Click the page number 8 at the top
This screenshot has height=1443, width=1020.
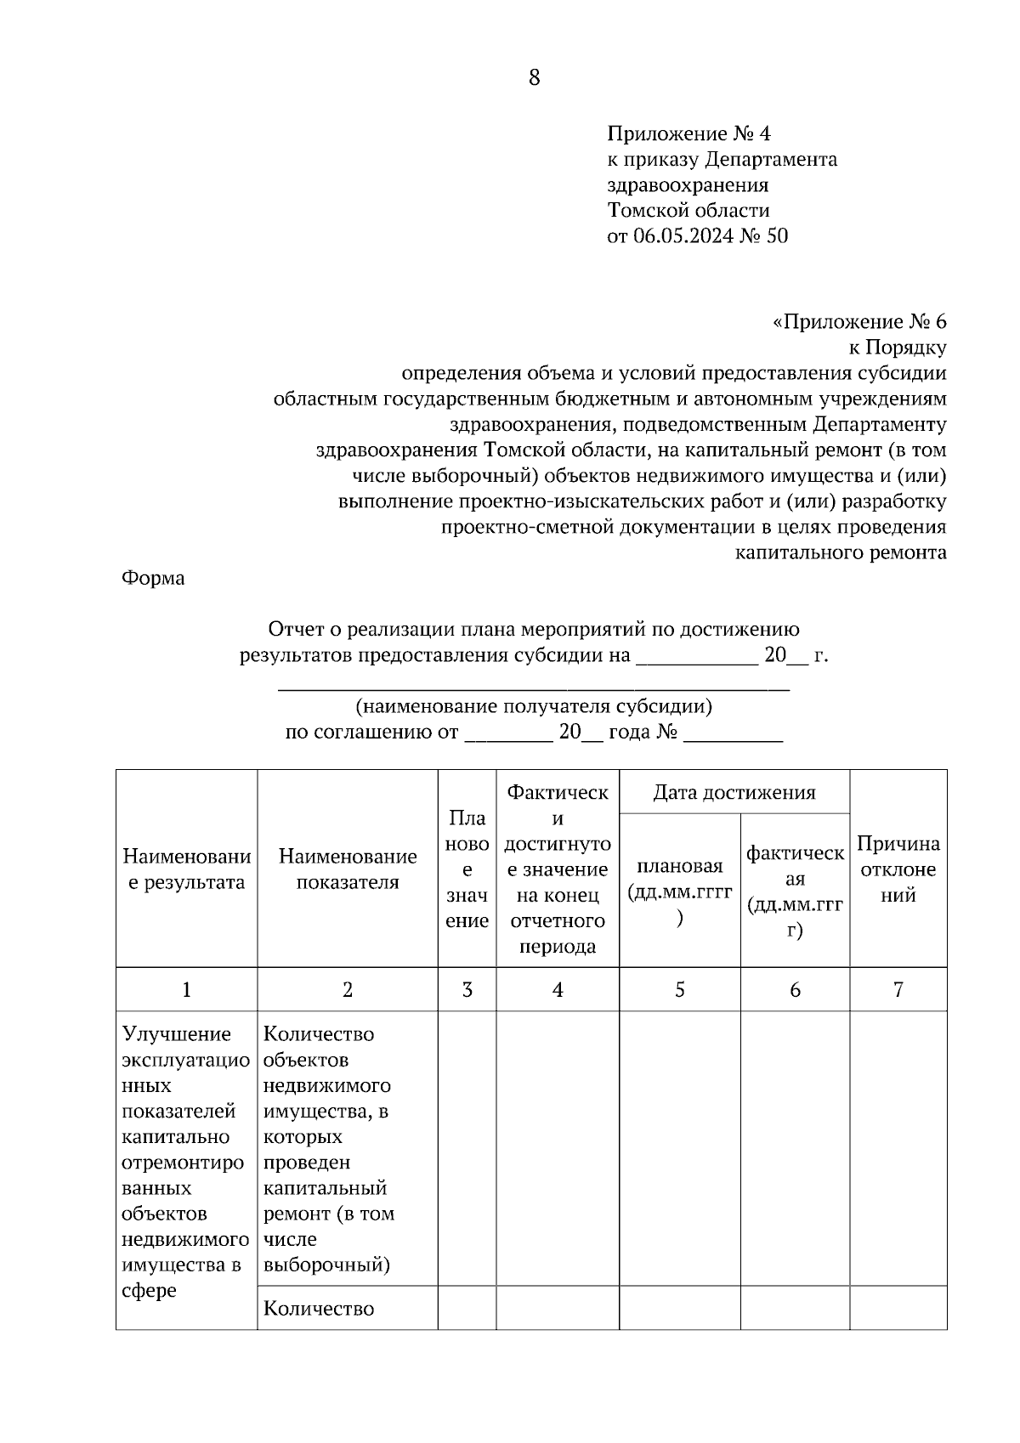click(534, 77)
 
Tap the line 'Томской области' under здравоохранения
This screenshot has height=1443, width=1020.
click(688, 210)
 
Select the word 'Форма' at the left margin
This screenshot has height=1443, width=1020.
click(153, 578)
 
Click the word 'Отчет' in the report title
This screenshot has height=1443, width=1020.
click(294, 629)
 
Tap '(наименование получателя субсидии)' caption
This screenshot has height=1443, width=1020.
click(534, 706)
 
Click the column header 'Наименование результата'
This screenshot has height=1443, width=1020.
click(186, 869)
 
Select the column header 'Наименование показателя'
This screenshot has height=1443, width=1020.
click(348, 869)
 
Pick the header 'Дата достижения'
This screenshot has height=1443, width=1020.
click(734, 792)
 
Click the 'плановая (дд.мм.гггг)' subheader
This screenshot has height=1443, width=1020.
click(679, 891)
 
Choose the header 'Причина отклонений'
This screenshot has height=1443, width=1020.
click(898, 869)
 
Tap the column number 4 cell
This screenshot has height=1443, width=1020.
click(558, 989)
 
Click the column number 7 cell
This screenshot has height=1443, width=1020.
click(898, 989)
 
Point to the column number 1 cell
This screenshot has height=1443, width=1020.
click(186, 989)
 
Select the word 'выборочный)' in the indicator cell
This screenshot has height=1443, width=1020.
click(326, 1265)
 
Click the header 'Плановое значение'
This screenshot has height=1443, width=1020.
click(467, 869)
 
